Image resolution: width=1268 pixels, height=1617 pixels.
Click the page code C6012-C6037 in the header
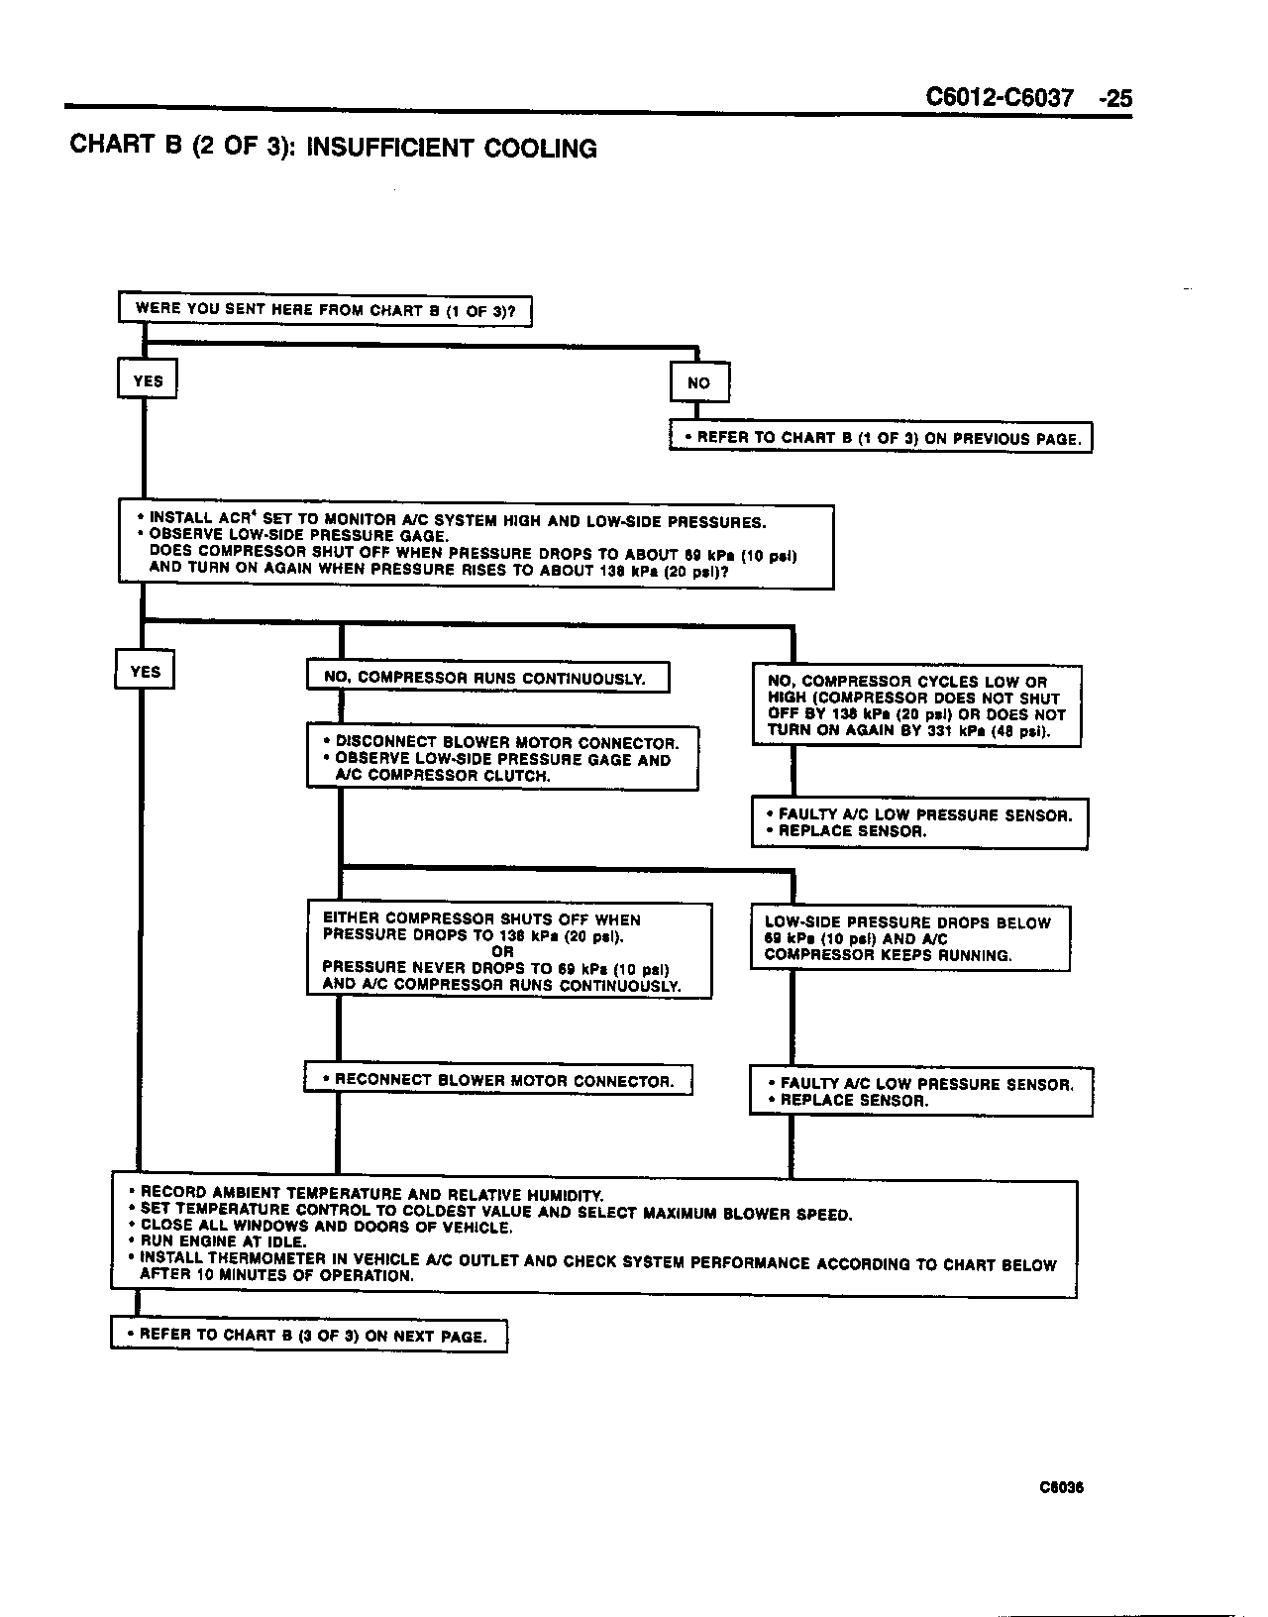coord(1000,98)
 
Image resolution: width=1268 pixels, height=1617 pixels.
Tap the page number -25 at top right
coord(1115,98)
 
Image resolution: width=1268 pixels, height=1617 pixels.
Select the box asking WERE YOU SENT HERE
coord(325,310)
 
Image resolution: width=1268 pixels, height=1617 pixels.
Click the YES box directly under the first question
coord(148,381)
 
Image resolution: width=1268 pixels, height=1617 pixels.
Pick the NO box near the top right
coord(699,383)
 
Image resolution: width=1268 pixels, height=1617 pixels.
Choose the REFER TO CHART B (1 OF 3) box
coord(881,438)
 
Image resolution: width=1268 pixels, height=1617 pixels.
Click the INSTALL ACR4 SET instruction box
coord(475,546)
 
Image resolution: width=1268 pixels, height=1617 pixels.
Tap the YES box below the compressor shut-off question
coord(145,672)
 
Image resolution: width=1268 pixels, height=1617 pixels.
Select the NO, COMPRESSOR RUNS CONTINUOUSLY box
coord(488,678)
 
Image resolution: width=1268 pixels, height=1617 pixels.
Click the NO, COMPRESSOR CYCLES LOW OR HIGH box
coord(916,706)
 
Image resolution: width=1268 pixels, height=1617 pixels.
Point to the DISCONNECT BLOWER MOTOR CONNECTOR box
coord(502,758)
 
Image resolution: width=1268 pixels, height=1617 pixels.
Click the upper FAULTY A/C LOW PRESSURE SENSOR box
coord(919,823)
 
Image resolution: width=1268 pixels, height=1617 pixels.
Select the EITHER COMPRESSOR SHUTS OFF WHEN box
coord(509,951)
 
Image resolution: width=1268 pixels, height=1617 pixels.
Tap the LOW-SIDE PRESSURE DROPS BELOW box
coord(910,938)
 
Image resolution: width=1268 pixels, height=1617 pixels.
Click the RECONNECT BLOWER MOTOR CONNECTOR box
coord(498,1080)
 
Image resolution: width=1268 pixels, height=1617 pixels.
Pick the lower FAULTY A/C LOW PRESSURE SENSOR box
coord(921,1092)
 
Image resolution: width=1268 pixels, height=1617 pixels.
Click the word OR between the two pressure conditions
coord(502,951)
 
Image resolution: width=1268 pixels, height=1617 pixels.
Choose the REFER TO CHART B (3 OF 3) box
coord(309,1336)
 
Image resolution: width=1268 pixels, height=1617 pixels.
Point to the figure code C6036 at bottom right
coord(1061,1487)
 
